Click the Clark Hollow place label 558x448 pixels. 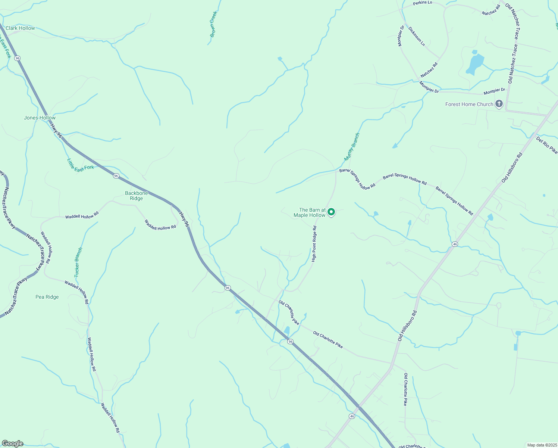[20, 28]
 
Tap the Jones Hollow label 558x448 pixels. [40, 118]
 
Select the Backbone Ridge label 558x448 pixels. [137, 196]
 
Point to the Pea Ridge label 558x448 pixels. [47, 297]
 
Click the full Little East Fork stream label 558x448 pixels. [81, 164]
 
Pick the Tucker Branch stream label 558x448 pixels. [78, 262]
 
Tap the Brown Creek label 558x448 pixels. [213, 24]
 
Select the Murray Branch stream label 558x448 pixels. [352, 147]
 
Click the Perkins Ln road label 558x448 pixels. [422, 3]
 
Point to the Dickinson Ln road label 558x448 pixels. [416, 36]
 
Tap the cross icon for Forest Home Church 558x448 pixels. [499, 104]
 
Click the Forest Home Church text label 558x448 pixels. [469, 105]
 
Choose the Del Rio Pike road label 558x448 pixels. [547, 145]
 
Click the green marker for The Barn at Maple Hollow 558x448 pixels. [331, 212]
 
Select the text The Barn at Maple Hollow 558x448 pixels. [310, 212]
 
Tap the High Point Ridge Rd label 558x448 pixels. [314, 244]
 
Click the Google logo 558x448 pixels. [12, 444]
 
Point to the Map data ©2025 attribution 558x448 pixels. [542, 445]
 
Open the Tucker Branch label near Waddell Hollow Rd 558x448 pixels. [78, 262]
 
